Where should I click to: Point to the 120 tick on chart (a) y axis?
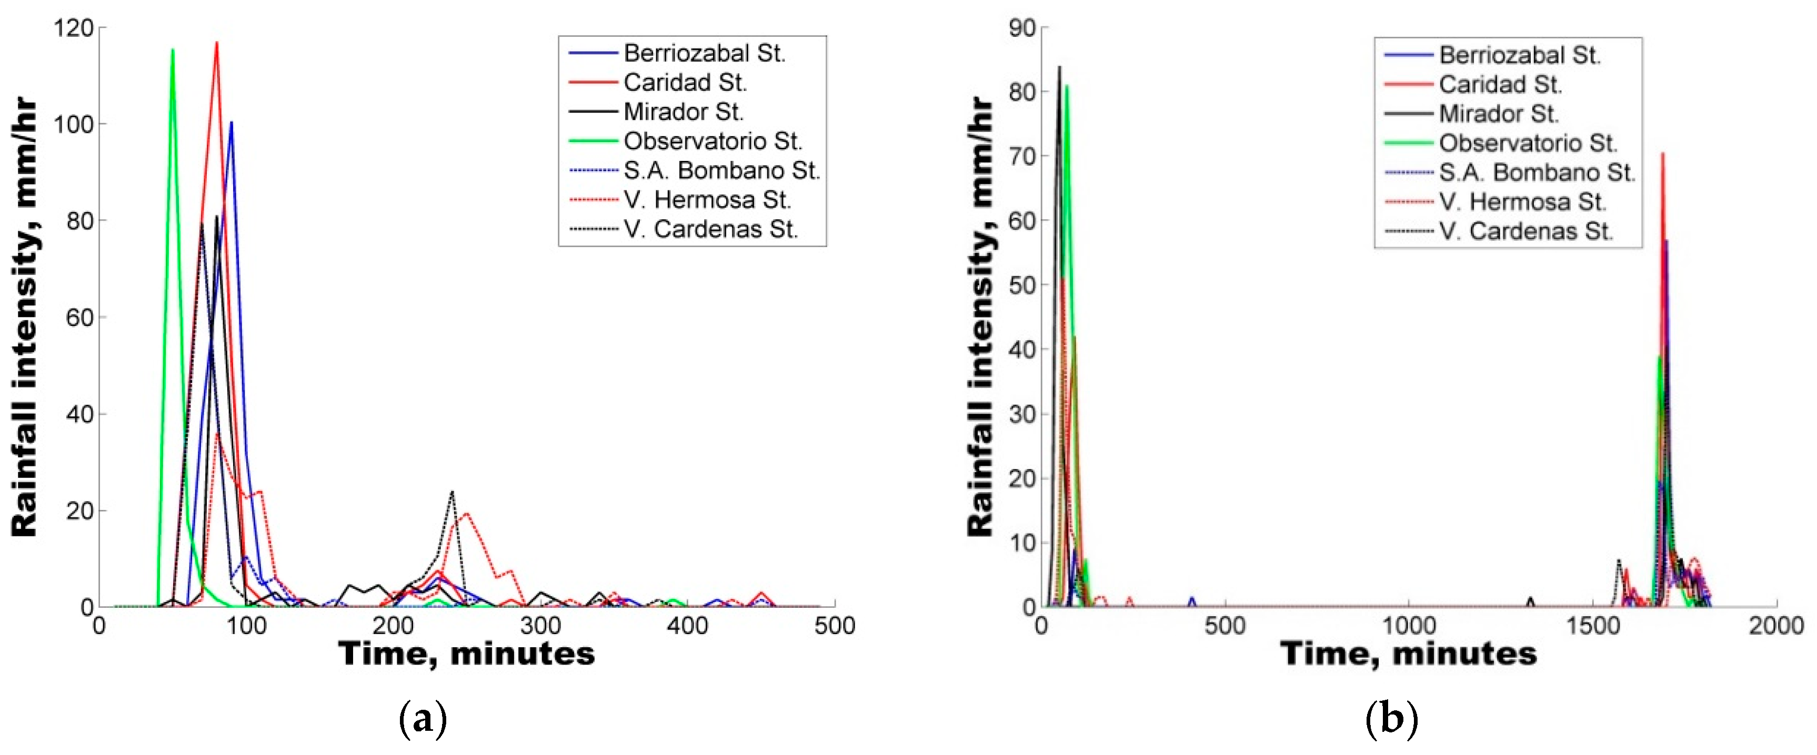click(x=73, y=28)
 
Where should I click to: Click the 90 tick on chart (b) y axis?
click(x=1022, y=28)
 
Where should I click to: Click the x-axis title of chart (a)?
click(x=466, y=654)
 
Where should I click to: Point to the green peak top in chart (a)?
click(x=173, y=49)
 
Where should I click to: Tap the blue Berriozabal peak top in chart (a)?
click(x=232, y=122)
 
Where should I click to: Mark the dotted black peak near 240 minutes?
click(x=452, y=492)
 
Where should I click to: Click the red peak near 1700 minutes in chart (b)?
click(x=1662, y=153)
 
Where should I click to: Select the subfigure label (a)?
click(x=423, y=720)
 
